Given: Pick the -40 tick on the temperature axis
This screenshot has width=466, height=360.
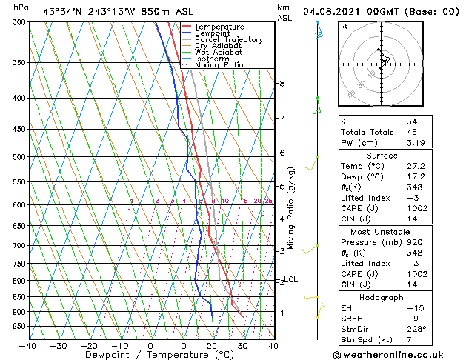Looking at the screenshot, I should pos(27,345).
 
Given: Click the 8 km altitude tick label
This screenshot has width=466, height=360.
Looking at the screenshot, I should pos(282,84).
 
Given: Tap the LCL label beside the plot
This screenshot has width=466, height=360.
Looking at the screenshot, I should pos(291,279).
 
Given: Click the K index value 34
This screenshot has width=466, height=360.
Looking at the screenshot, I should pos(412,121).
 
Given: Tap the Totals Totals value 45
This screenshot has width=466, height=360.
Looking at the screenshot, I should pos(412,133).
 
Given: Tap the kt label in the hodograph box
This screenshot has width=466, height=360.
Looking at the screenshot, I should pos(344,27).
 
